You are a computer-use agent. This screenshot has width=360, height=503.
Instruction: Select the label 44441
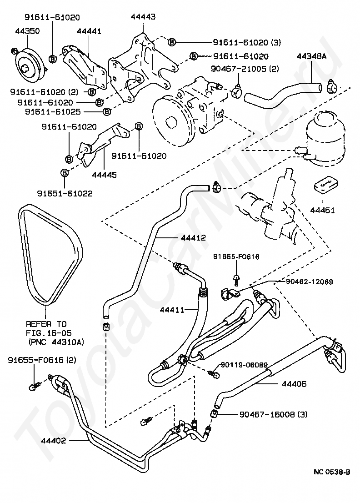click(x=89, y=31)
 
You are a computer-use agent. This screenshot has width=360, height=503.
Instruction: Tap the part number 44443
click(x=143, y=17)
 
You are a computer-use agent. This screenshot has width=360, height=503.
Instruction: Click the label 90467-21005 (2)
click(x=245, y=69)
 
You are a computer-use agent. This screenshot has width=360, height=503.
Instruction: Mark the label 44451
click(x=322, y=210)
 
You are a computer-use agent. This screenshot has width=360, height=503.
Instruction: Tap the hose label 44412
click(x=193, y=237)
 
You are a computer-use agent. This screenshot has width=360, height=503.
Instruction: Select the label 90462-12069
click(x=309, y=282)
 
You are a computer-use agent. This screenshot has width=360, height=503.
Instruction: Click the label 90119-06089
click(x=244, y=364)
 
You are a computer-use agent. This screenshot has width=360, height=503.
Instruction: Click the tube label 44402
click(x=53, y=440)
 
